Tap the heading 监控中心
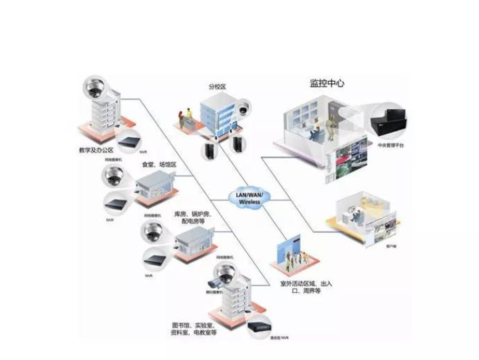327,83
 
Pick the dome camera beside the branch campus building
243,106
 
